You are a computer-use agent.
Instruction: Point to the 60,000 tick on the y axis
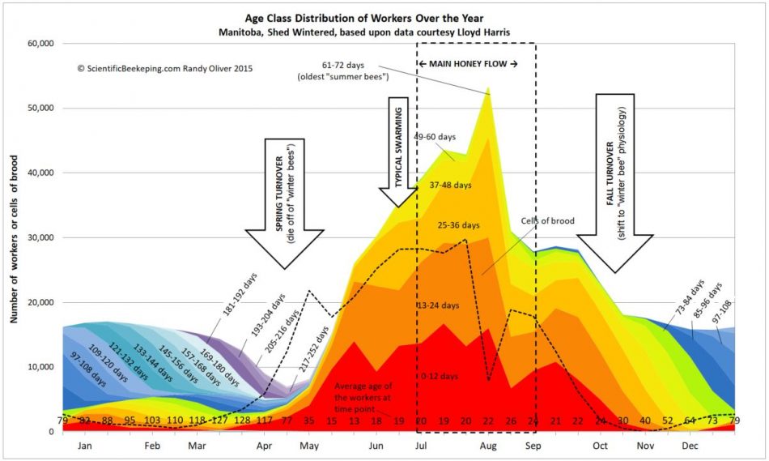coord(38,44)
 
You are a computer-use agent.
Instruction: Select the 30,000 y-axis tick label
coord(38,238)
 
